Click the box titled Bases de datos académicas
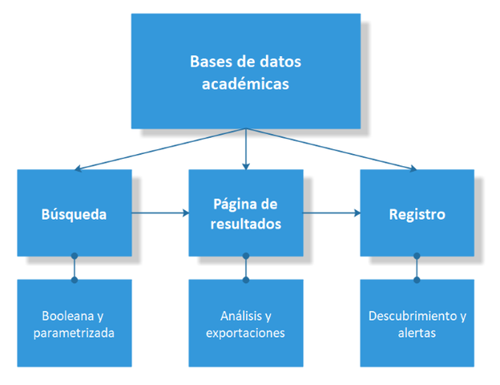coord(245,72)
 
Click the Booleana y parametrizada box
coord(75,322)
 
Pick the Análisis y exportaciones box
coord(245,322)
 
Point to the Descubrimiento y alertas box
coord(417,322)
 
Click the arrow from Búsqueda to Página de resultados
coord(160,213)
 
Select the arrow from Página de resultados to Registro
coord(331,213)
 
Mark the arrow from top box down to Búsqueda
coord(160,149)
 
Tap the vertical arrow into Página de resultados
coord(245,148)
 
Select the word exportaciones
coord(245,332)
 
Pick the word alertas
coord(417,332)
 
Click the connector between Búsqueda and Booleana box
coord(75,267)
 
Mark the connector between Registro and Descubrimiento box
coord(417,267)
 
